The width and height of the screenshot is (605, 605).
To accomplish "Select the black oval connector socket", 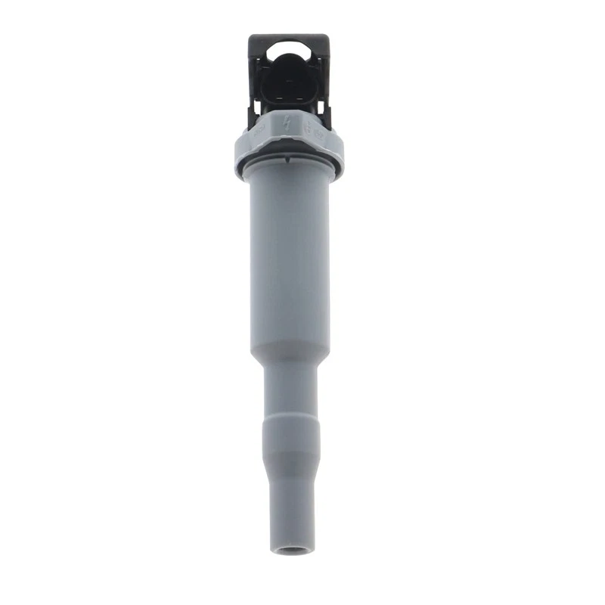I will coord(290,82).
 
